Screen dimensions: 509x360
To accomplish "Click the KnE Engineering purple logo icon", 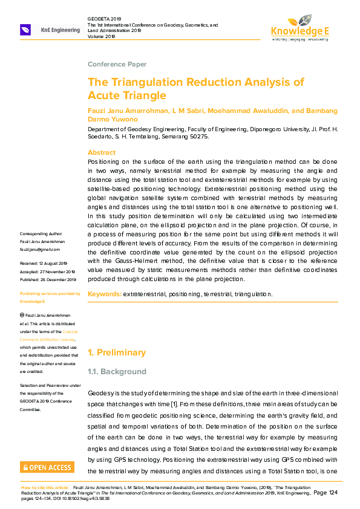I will (25, 30).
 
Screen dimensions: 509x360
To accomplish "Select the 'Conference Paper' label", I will (117, 64).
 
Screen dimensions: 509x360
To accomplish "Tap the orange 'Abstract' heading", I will (102, 152).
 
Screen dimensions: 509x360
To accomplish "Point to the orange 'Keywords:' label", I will (105, 294).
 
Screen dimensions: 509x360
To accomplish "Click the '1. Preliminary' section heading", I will (117, 352).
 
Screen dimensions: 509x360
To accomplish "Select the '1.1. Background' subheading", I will (117, 371).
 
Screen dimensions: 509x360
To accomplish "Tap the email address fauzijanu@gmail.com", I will (40, 249).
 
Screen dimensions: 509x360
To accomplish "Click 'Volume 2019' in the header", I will (101, 36).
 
